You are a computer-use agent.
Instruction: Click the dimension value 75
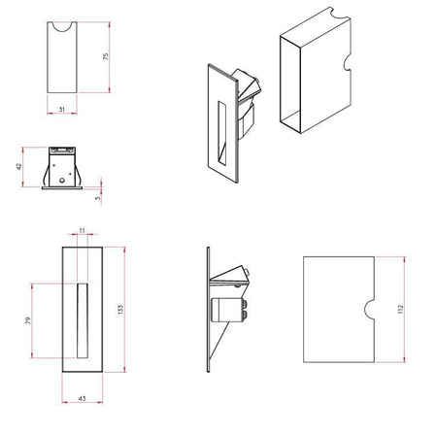pos(106,56)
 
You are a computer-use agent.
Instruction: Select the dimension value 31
pos(62,110)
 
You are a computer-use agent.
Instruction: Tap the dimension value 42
pos(18,166)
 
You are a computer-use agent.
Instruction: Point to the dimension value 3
pos(98,198)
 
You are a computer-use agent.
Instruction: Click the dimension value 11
pos(82,231)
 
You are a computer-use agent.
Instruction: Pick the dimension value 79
pos(28,320)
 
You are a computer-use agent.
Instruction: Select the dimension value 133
pos(120,310)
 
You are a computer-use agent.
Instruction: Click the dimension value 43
pos(83,398)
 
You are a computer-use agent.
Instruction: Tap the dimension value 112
pos(401,309)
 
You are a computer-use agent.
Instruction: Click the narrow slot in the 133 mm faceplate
pos(83,320)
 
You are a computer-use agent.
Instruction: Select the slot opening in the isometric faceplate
pos(222,133)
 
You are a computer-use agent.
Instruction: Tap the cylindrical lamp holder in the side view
pos(228,310)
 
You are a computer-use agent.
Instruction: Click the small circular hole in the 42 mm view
pos(62,181)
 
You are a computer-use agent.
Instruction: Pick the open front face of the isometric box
pos(290,84)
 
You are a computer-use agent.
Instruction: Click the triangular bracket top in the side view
pos(229,275)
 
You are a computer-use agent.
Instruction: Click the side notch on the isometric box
pos(347,63)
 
